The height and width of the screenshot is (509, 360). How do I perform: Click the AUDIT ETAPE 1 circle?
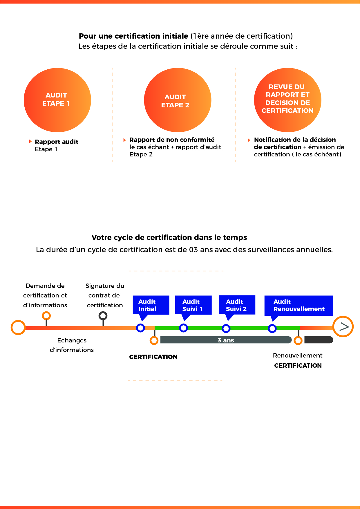pos(57,100)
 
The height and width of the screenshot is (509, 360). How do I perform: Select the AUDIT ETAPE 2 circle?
pos(178,100)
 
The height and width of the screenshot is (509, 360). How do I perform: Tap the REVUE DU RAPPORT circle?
pos(287,100)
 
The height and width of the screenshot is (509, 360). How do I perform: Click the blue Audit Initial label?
pos(151,305)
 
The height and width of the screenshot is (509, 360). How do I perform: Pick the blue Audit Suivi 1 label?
pos(193,305)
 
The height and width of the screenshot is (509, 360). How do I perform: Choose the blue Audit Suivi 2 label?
pos(237,305)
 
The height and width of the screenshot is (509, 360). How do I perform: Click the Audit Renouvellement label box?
pos(299,305)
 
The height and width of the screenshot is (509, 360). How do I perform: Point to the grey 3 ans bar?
pos(226,340)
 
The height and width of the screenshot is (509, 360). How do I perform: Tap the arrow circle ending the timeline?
pos(343,326)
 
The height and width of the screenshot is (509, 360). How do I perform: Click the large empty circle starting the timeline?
pos(18,328)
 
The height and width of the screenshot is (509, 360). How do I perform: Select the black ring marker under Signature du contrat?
pos(103,315)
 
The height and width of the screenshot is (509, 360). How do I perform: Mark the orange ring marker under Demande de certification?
pos(46,315)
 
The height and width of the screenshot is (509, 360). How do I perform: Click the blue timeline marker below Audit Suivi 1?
pos(183,328)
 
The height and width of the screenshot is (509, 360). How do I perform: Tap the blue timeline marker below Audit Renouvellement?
pos(272,328)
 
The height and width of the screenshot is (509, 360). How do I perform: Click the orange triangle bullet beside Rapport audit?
pos(30,141)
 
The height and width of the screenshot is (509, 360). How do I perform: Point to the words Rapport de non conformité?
pos(172,140)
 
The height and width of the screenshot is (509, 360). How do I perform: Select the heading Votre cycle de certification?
pos(169,238)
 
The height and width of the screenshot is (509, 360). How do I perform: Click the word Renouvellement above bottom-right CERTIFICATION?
pos(298,355)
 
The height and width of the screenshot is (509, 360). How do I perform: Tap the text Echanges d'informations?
pos(72,345)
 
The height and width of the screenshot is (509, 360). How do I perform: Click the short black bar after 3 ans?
pos(319,340)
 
